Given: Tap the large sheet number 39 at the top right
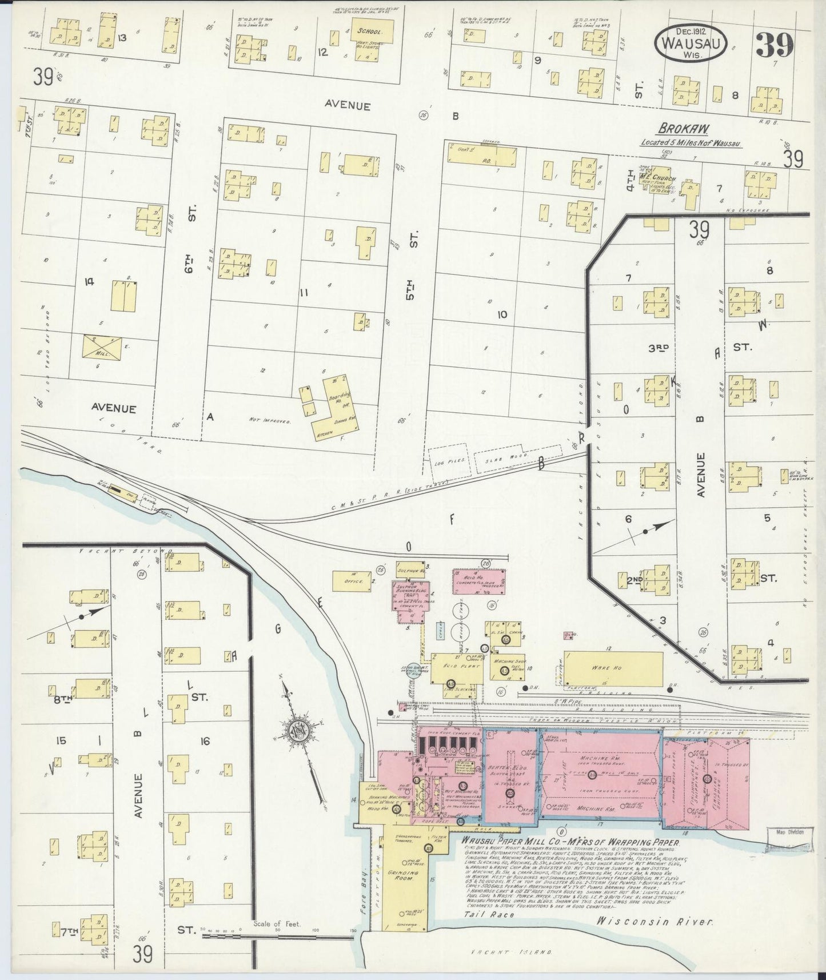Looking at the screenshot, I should pyautogui.click(x=775, y=45).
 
